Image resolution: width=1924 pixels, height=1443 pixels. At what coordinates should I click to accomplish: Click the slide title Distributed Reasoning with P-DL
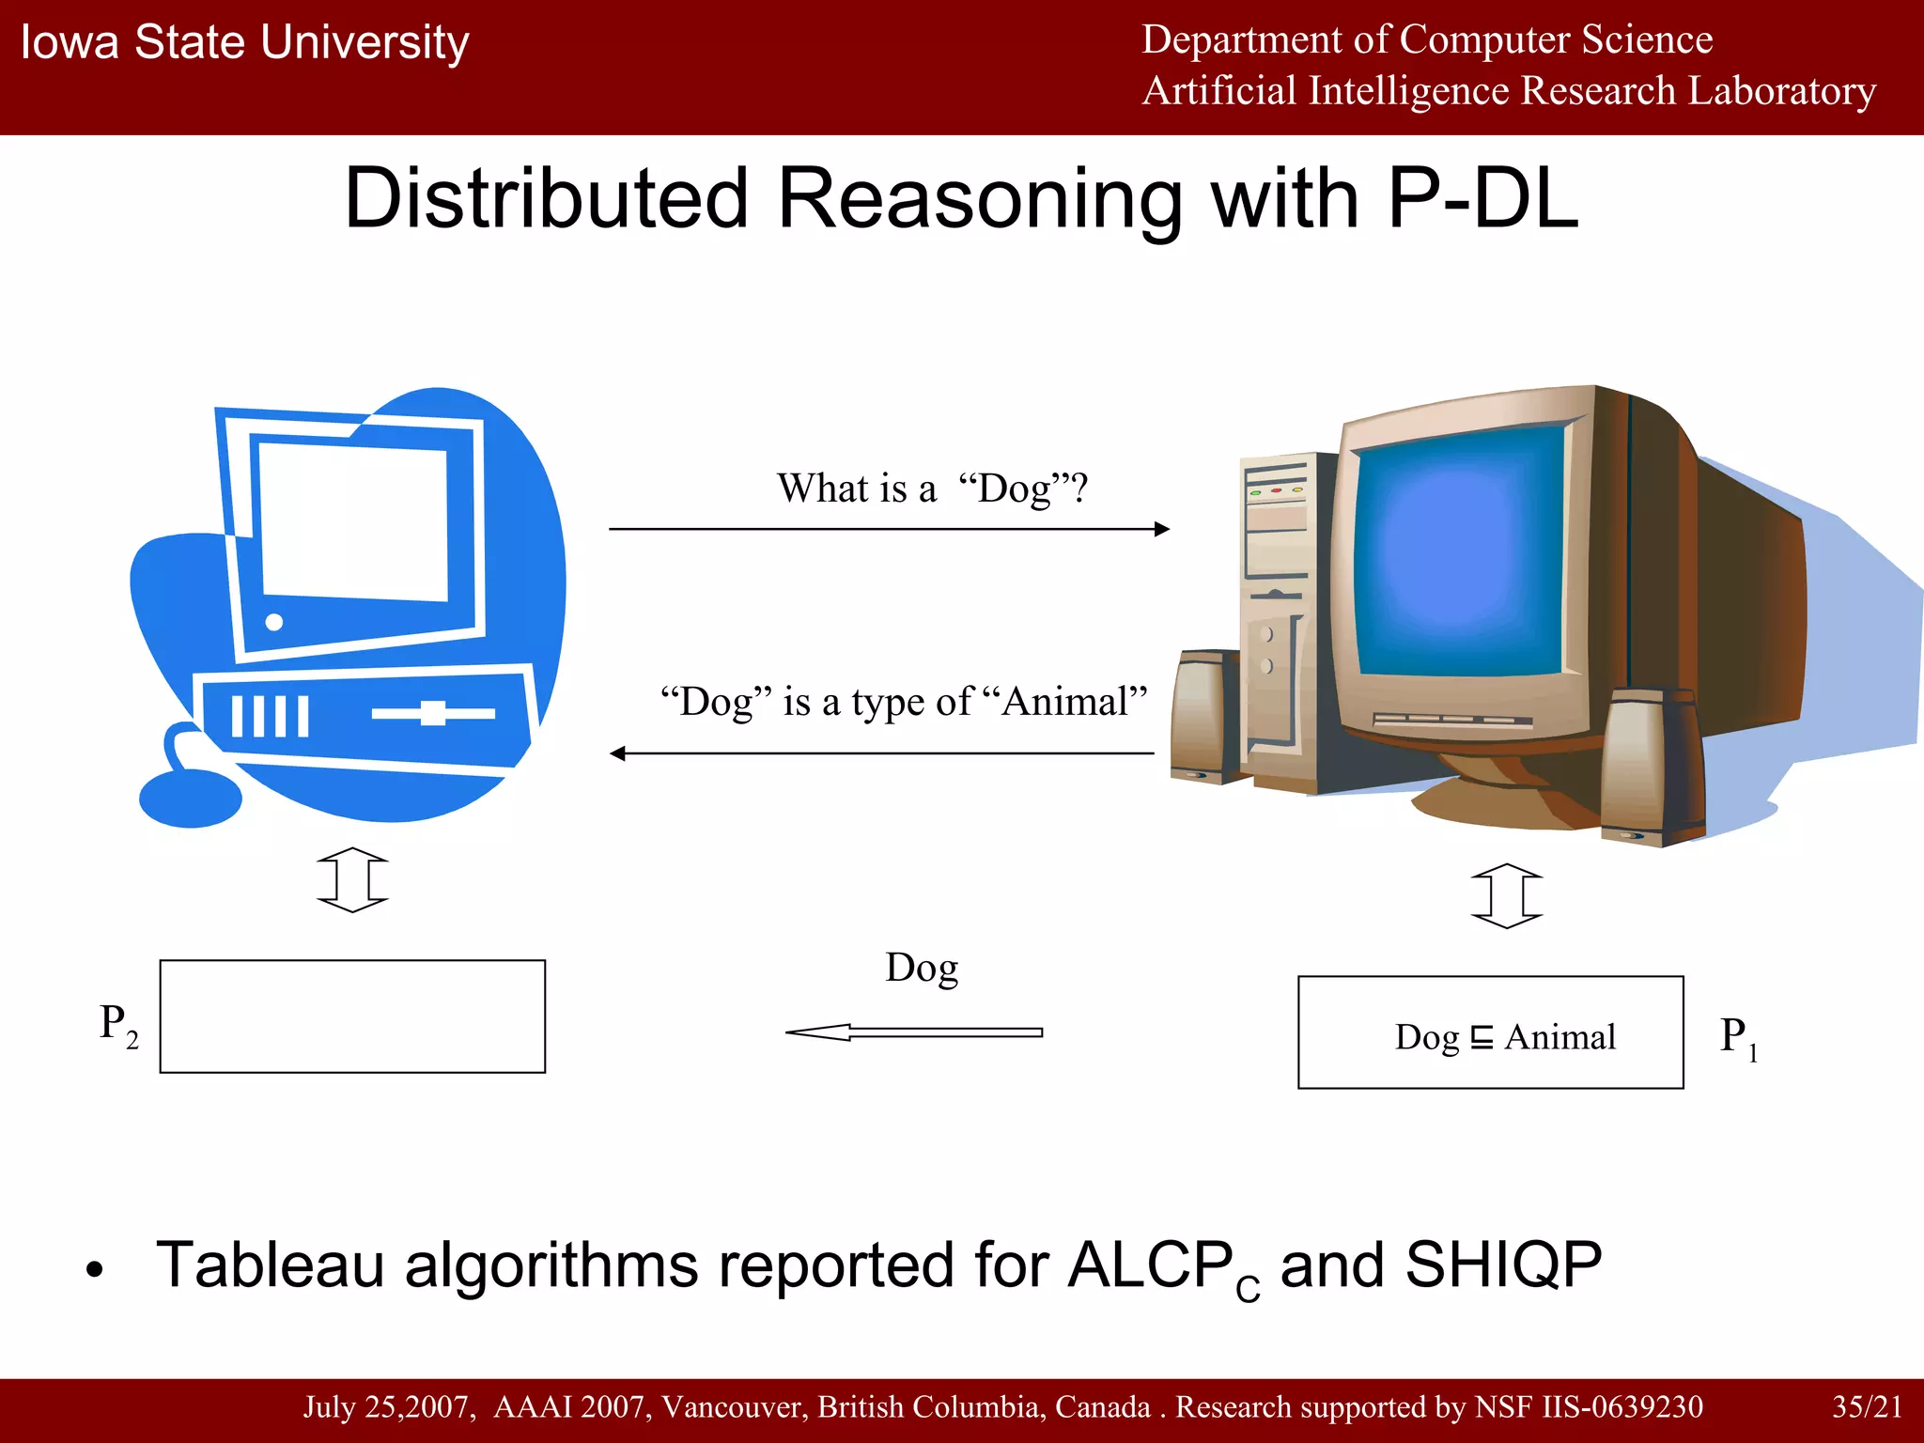[961, 198]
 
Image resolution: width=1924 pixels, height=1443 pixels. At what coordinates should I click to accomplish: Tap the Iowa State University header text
[244, 42]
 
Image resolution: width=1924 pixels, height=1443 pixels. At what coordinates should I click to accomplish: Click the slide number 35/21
[1867, 1406]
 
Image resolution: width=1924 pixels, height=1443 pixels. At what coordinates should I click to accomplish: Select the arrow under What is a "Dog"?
[888, 529]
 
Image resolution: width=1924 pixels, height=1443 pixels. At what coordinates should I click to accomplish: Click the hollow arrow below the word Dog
[913, 1032]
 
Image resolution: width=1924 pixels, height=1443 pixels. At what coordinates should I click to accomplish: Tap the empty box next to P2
[352, 1016]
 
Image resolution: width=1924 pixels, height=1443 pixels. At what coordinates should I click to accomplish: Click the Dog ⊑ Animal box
[1490, 1032]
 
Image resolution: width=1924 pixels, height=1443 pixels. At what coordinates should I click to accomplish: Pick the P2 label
[118, 1023]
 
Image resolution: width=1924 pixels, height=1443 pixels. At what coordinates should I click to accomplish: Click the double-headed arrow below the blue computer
[352, 880]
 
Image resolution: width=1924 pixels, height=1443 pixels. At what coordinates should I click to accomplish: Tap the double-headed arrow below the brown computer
[1506, 896]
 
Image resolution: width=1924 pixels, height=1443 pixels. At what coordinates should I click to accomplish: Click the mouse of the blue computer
[191, 799]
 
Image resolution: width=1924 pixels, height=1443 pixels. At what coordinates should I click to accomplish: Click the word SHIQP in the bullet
[1503, 1265]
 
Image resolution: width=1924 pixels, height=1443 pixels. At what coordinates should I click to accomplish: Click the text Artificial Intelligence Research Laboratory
[1509, 91]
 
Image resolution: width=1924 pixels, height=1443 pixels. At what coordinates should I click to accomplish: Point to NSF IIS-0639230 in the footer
[1588, 1406]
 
